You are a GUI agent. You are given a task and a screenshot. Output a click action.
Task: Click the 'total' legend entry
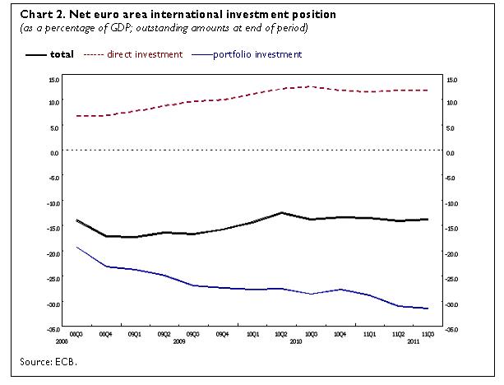[62, 54]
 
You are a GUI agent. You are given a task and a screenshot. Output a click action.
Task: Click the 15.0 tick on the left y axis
[53, 79]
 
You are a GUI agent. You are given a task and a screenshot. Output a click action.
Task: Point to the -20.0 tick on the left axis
[52, 254]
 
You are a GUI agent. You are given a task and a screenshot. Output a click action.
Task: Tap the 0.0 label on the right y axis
[449, 153]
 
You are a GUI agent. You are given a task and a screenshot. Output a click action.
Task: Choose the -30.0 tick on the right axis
[451, 304]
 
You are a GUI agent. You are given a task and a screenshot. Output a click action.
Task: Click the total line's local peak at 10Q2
[281, 212]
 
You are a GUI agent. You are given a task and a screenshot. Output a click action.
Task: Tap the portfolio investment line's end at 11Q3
[428, 308]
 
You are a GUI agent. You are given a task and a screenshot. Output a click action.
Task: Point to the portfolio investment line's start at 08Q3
[76, 247]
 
